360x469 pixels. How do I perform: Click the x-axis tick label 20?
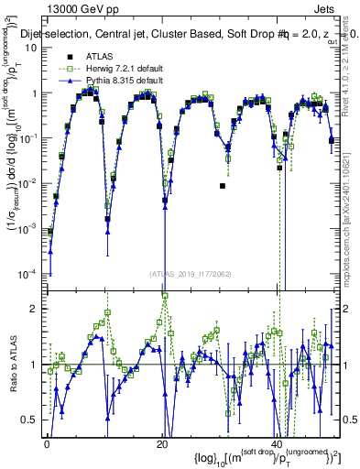[x=161, y=442]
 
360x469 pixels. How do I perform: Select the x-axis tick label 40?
[x=276, y=442]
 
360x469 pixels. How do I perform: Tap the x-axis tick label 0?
[x=47, y=442]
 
